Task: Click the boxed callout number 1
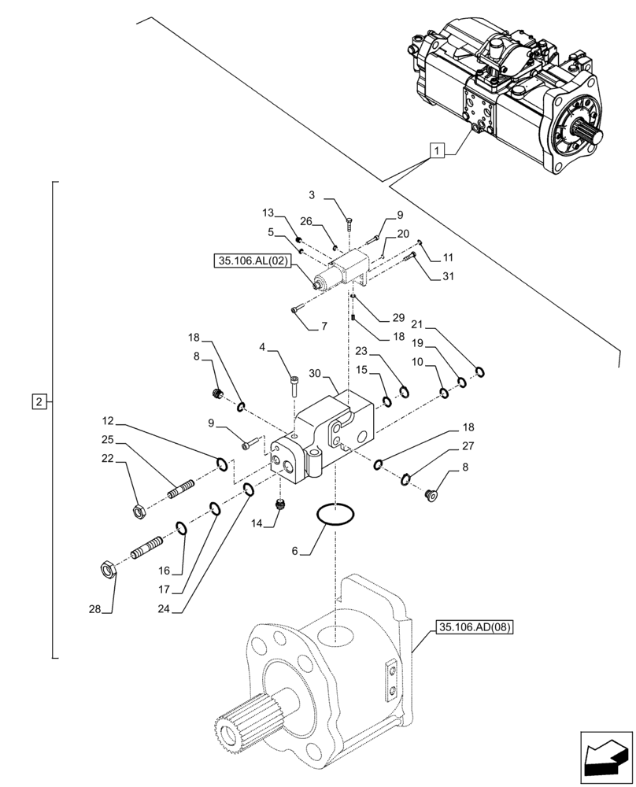pos(438,150)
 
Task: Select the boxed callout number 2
pos(38,402)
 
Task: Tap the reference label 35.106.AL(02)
pos(251,260)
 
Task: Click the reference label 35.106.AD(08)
pos(473,627)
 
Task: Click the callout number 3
pos(312,194)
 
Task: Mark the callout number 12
pos(108,422)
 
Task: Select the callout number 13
pos(268,213)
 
